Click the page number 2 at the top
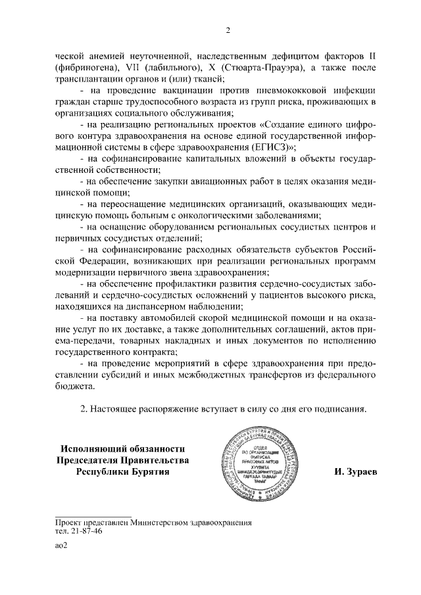pyautogui.click(x=227, y=30)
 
